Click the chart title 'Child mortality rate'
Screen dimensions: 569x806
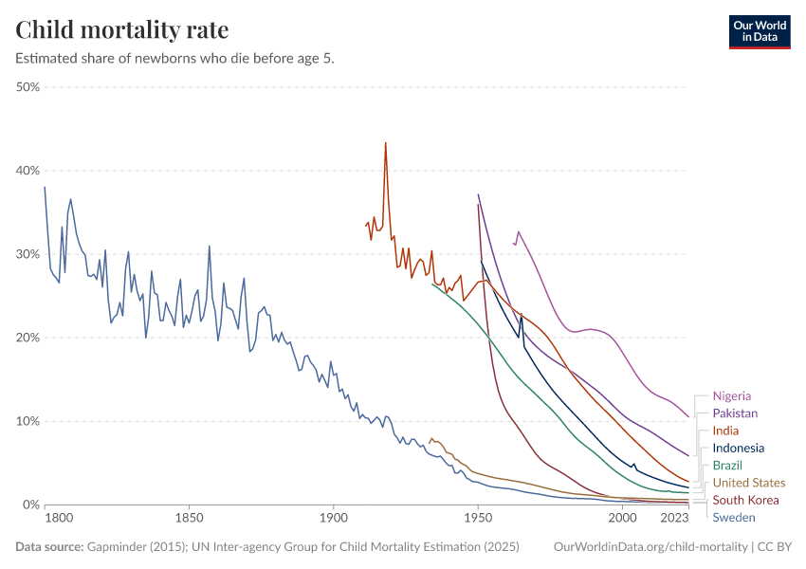121,29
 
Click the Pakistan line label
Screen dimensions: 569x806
735,413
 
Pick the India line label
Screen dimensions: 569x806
725,431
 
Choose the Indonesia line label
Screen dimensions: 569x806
739,448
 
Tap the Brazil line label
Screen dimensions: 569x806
727,465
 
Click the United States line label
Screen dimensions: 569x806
749,483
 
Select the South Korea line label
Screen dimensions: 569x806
745,500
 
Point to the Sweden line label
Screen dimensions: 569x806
734,518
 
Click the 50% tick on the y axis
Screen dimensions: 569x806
27,87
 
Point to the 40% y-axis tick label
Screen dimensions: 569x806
27,171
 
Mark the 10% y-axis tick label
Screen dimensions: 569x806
27,421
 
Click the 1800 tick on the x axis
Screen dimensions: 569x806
59,519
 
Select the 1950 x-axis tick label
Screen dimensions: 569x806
478,519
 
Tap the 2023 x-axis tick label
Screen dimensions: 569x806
675,519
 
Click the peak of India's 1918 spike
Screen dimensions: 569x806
385,143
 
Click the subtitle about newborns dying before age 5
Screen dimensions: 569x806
175,58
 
